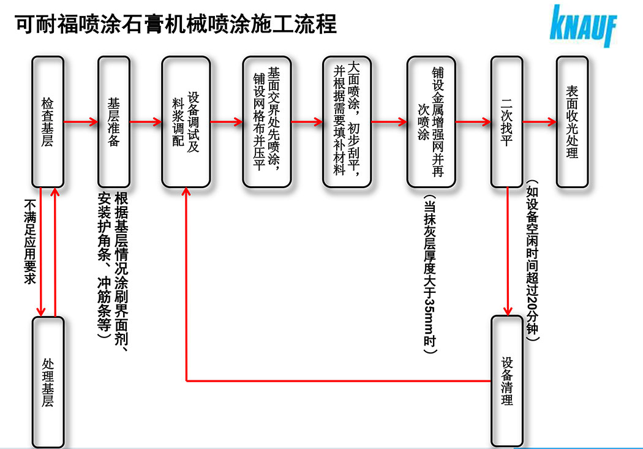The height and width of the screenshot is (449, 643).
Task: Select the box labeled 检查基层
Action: coord(48,122)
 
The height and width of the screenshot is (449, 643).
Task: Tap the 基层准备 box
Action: coord(113,122)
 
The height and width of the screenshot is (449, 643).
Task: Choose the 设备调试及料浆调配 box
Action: coord(186,122)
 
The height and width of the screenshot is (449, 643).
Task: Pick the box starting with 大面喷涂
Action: coord(347,122)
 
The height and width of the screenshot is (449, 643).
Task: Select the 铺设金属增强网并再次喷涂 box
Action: coord(431,122)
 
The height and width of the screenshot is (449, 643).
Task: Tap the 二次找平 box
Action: coord(506,122)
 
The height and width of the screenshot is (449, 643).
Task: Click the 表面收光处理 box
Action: coord(572,122)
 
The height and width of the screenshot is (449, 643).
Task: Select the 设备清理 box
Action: coord(506,380)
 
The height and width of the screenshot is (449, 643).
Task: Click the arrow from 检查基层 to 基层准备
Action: coord(81,122)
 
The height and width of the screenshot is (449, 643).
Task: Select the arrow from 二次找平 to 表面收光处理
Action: coord(539,122)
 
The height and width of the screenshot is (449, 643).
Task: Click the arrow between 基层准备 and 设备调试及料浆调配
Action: coord(146,122)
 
